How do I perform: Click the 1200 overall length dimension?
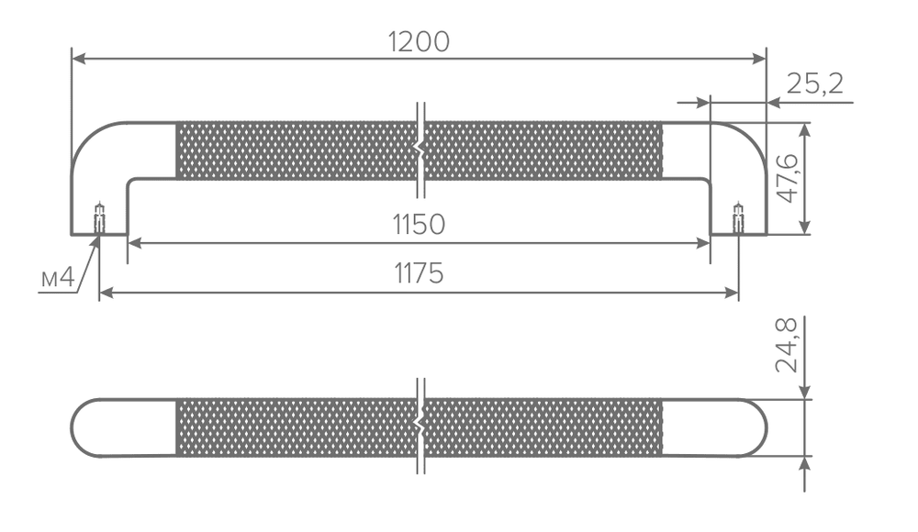coord(419,42)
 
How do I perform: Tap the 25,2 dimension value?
coord(815,83)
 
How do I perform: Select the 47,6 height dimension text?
coord(788,178)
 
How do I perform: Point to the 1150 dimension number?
coord(419,225)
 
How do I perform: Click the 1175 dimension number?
coord(419,273)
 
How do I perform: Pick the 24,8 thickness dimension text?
coord(787,345)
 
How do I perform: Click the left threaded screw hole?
coord(99,217)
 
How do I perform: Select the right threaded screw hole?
coord(738,217)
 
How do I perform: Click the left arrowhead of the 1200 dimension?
coord(79,59)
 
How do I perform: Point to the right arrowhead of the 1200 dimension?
coord(759,59)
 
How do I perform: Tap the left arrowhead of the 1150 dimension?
coord(135,243)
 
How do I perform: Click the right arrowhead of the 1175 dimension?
coord(732,293)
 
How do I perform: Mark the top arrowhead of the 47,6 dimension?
coord(805,130)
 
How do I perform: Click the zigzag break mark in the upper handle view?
coord(420,150)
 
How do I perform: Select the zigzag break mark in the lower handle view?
coord(420,427)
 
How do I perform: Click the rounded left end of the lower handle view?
coord(82,427)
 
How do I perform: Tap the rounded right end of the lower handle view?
coord(756,427)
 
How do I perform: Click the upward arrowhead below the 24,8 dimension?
coord(805,464)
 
